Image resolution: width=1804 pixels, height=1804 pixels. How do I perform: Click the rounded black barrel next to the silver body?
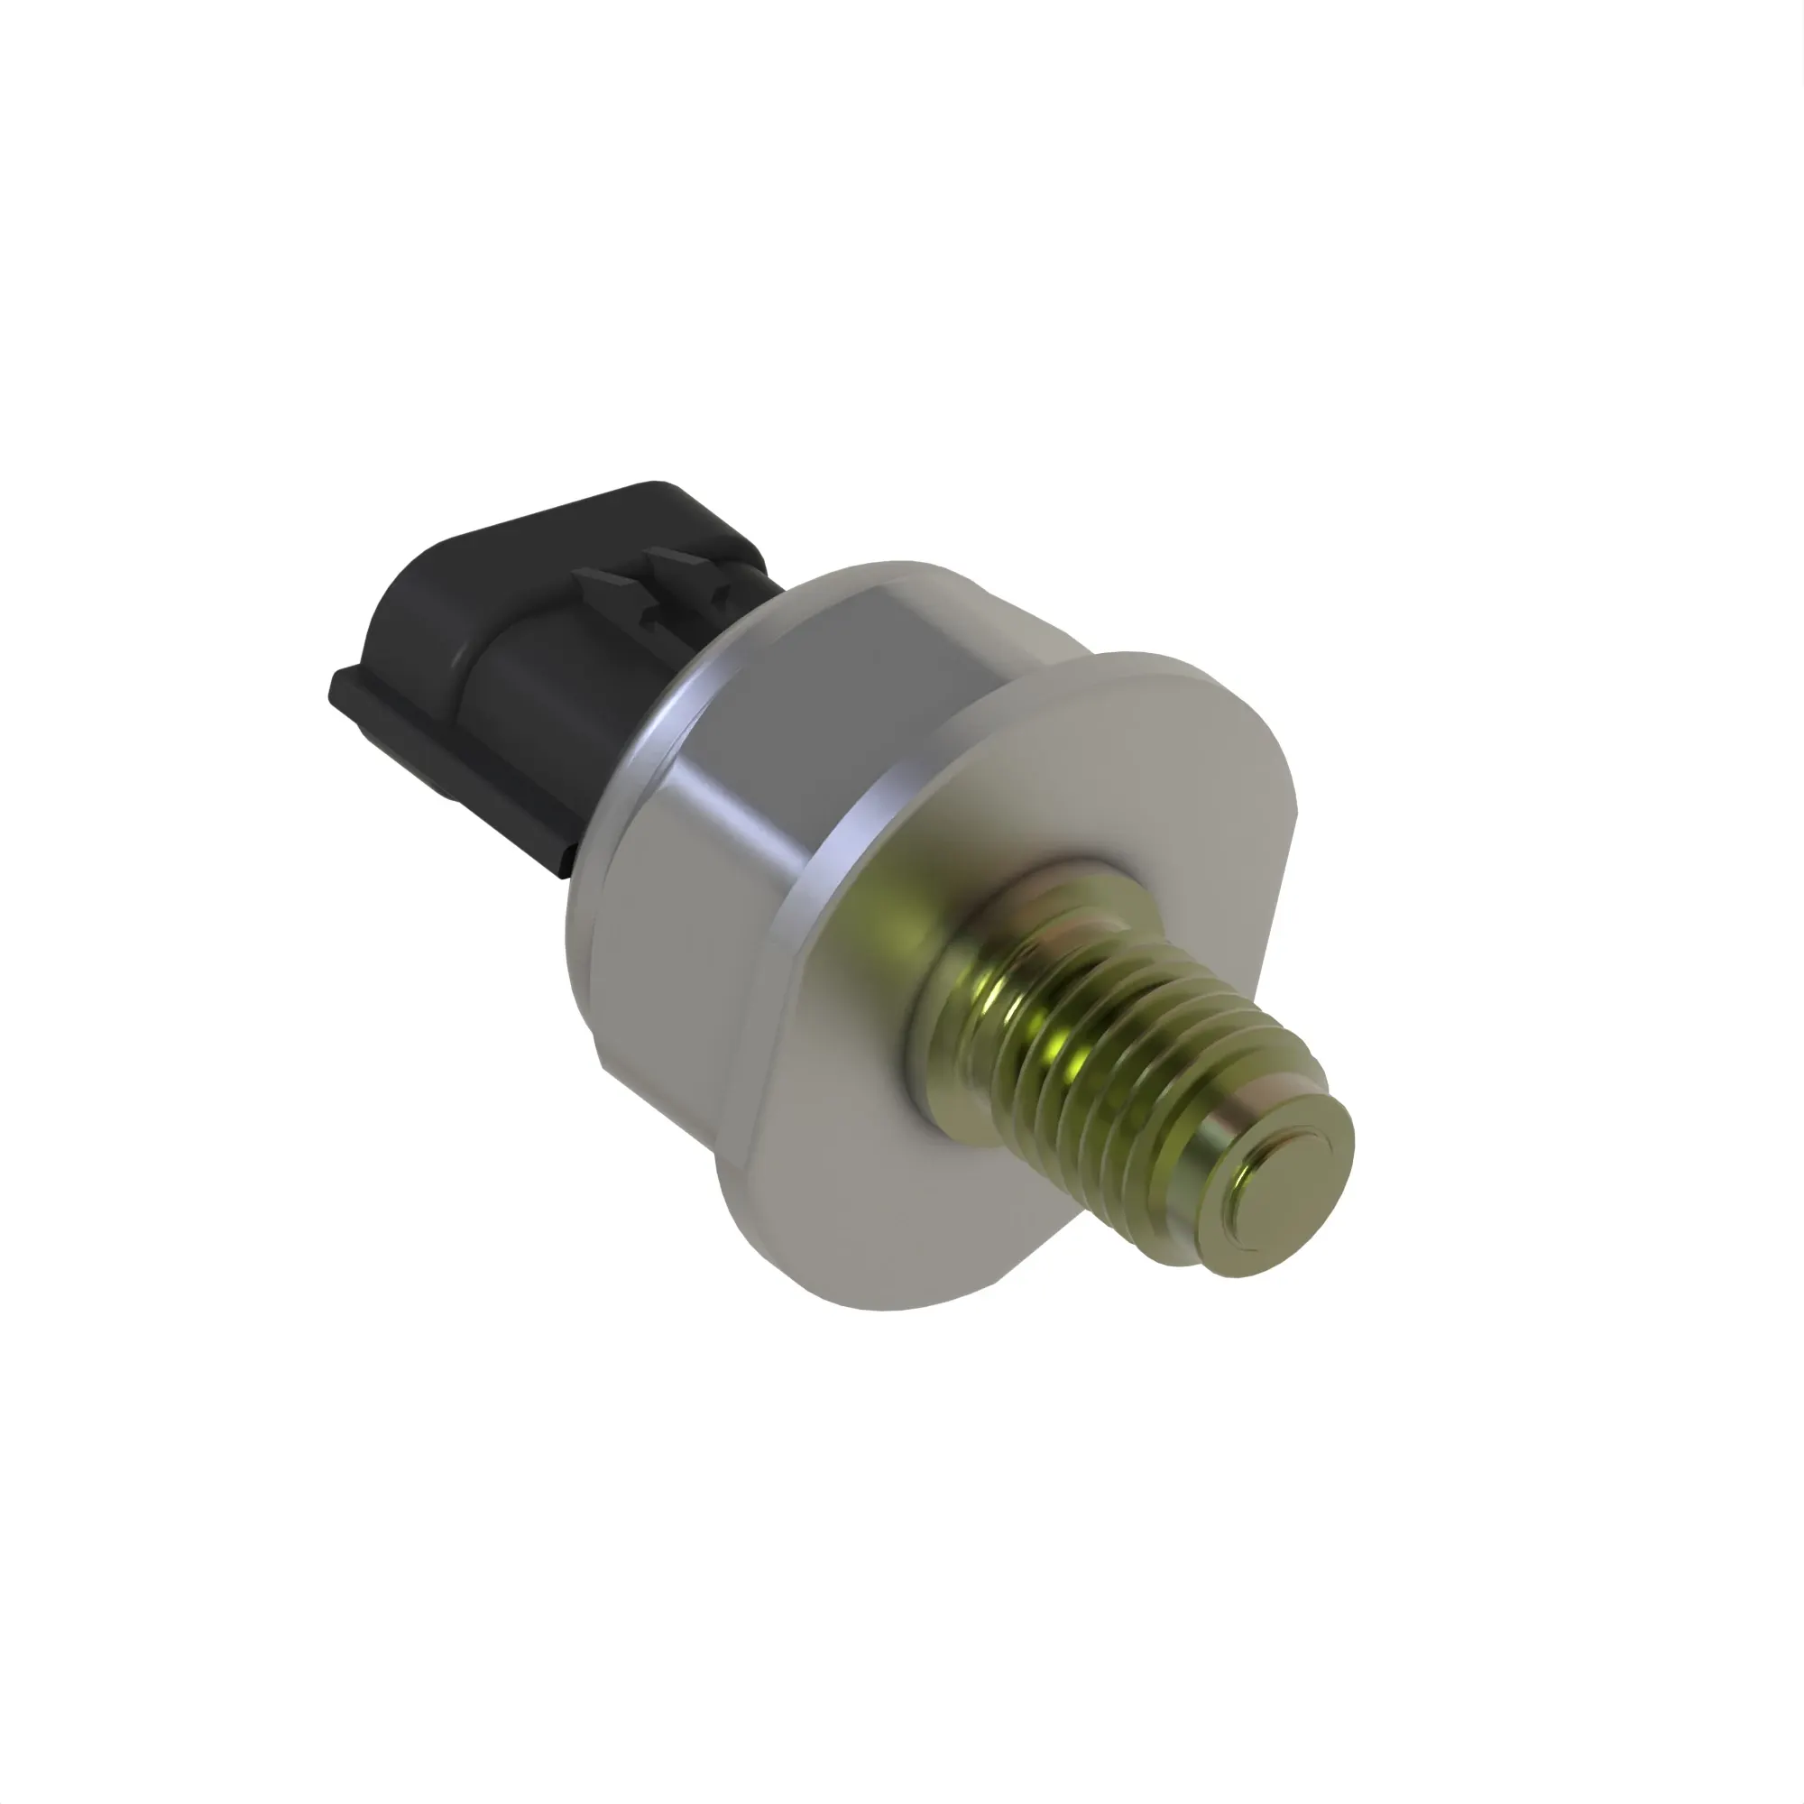[551, 700]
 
